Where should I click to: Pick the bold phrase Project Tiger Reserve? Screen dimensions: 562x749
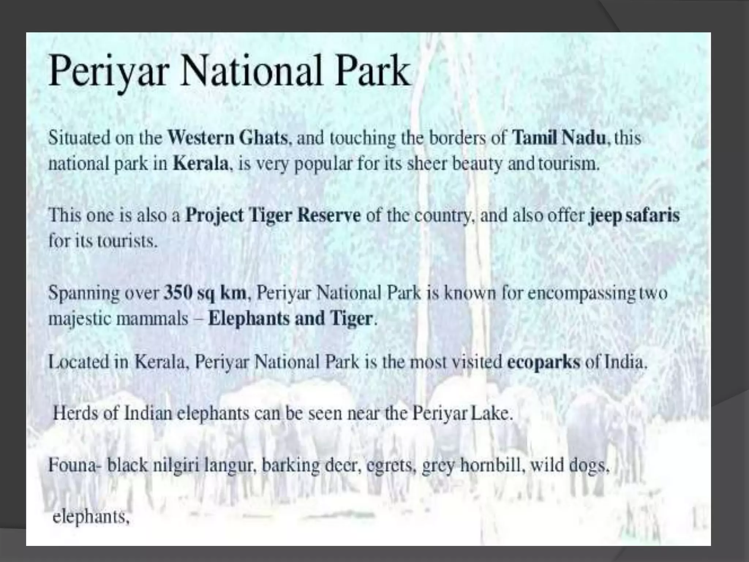273,215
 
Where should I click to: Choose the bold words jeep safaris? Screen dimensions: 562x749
634,215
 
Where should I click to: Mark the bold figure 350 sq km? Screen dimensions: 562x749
205,293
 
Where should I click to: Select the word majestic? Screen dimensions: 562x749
79,318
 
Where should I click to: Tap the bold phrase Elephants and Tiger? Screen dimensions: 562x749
290,318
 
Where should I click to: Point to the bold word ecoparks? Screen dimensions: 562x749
543,362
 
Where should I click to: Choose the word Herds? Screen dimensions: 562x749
75,413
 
